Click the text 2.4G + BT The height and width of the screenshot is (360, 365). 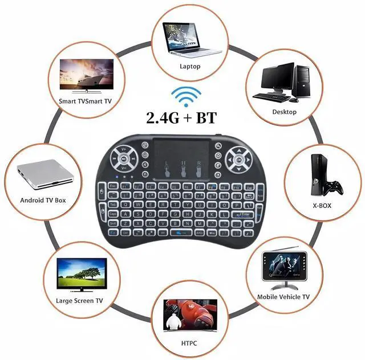tap(182, 118)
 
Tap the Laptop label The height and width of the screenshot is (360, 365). tap(190, 66)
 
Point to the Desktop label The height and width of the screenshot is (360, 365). tap(284, 112)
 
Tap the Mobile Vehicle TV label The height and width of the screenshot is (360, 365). tap(283, 297)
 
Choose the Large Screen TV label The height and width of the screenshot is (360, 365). tap(80, 300)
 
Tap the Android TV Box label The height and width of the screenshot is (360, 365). tap(43, 201)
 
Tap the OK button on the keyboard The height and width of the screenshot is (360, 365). tap(238, 160)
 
